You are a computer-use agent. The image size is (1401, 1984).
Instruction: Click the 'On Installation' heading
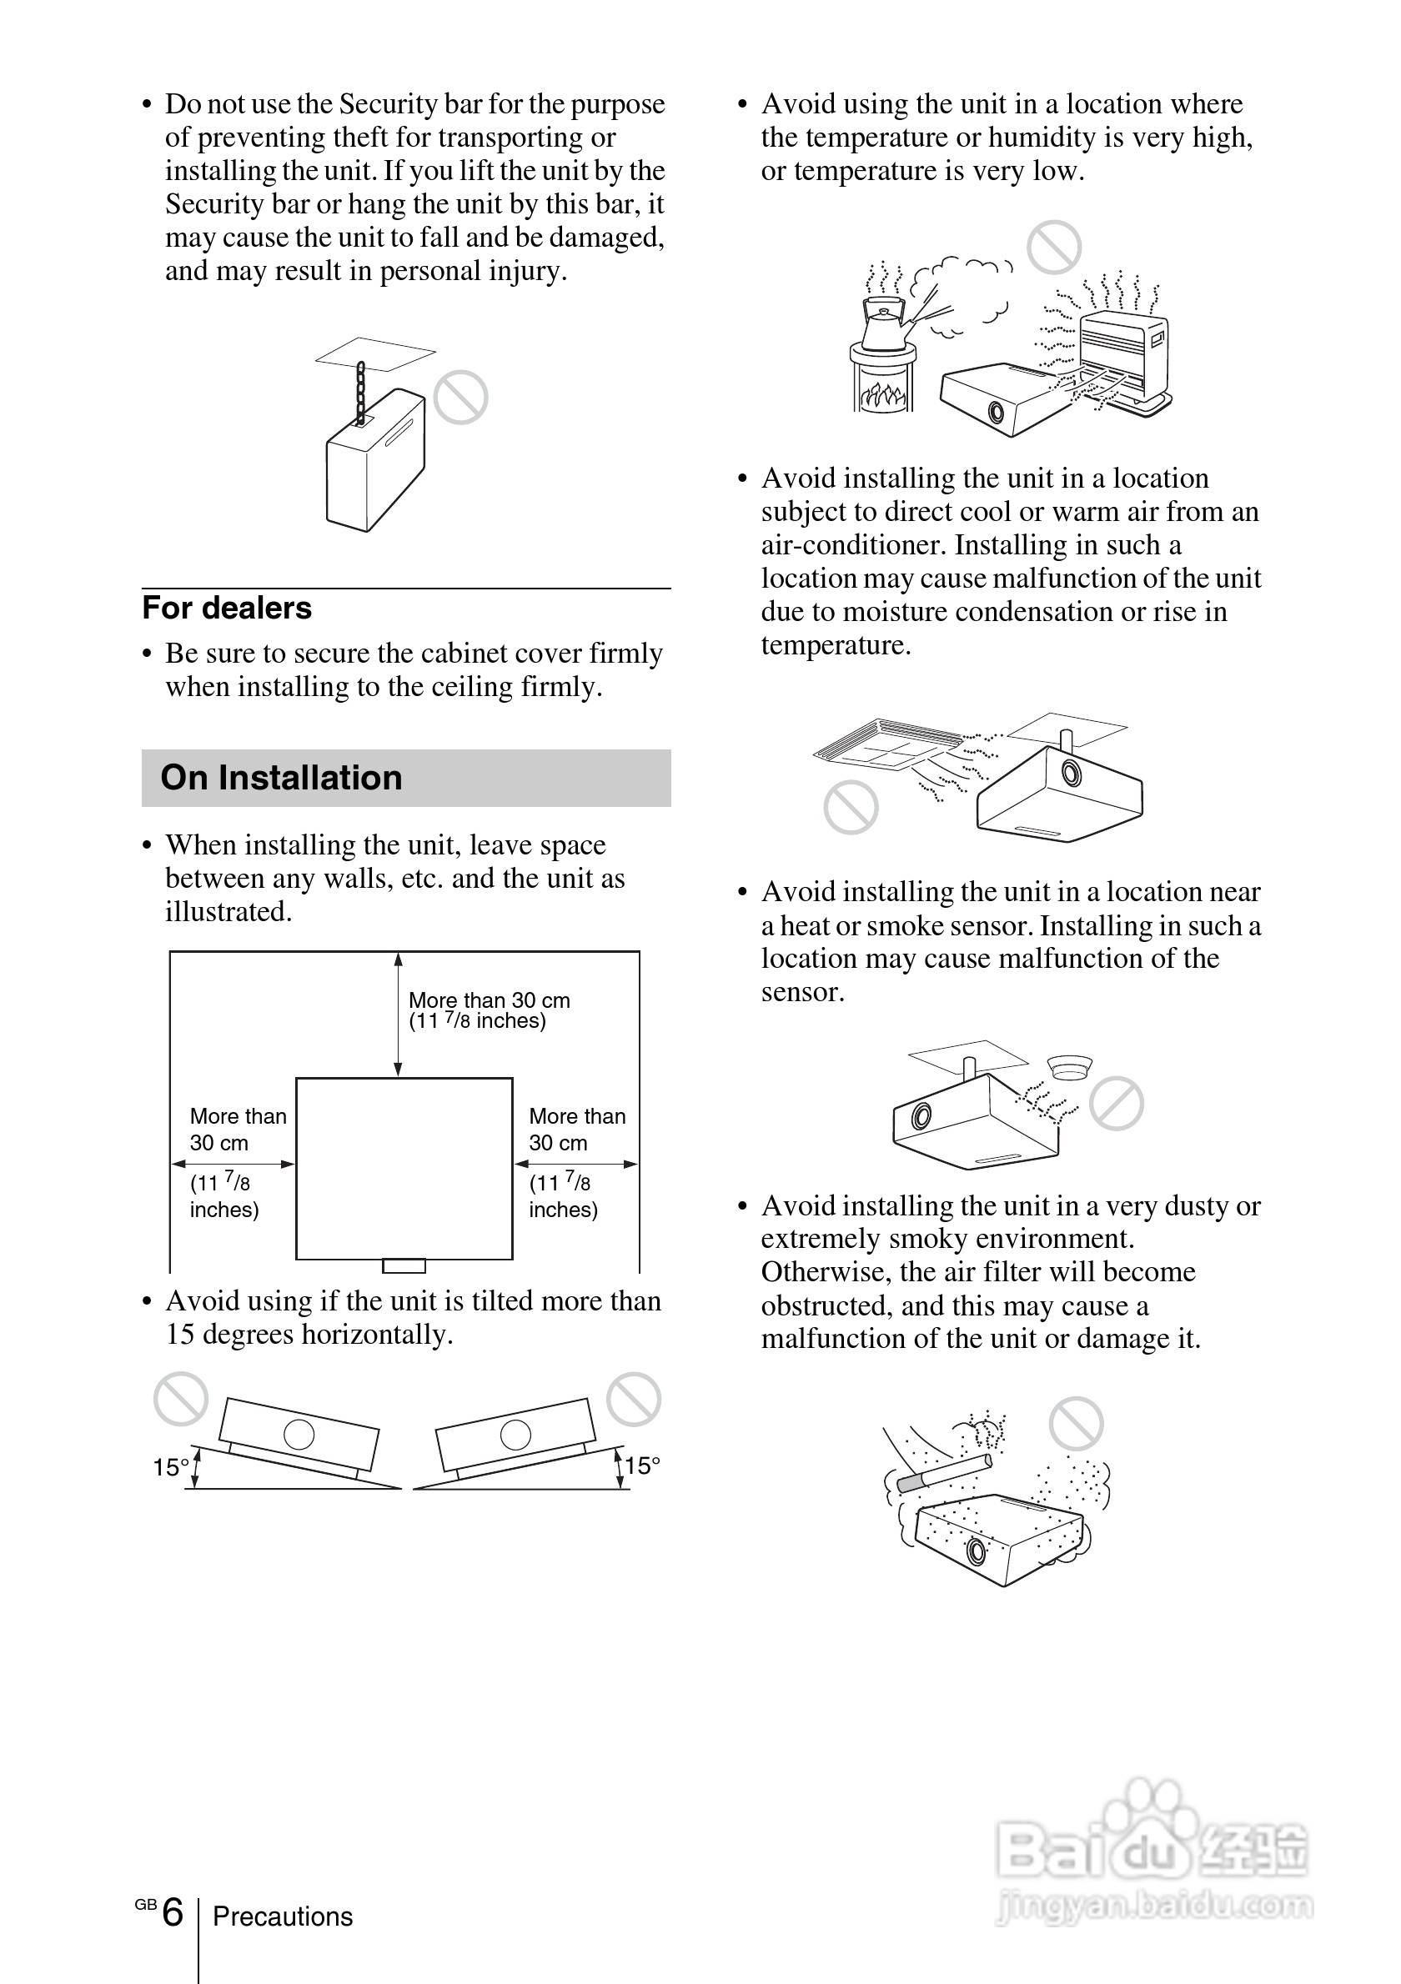pyautogui.click(x=281, y=778)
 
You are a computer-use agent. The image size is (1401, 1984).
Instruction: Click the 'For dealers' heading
pyautogui.click(x=227, y=609)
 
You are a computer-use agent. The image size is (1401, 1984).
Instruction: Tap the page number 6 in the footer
pyautogui.click(x=173, y=1911)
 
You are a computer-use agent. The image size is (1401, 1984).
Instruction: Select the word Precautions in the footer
pyautogui.click(x=283, y=1916)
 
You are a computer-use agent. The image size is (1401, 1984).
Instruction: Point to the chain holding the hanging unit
pyautogui.click(x=360, y=393)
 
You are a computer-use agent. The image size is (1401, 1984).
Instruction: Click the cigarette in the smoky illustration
pyautogui.click(x=944, y=1473)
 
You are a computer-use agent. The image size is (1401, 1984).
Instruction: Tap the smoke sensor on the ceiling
pyautogui.click(x=1069, y=1066)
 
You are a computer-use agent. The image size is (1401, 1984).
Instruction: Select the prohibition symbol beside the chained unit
pyautogui.click(x=460, y=398)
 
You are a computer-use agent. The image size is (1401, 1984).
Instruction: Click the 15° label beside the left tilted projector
pyautogui.click(x=170, y=1467)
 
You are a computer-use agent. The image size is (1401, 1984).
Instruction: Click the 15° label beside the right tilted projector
pyautogui.click(x=643, y=1465)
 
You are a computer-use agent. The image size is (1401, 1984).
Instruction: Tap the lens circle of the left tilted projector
pyautogui.click(x=299, y=1435)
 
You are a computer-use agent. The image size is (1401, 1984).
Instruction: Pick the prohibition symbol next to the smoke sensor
pyautogui.click(x=1116, y=1104)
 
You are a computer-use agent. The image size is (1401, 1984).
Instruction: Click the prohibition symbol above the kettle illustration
pyautogui.click(x=1053, y=247)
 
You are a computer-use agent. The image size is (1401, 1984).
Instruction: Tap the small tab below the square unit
pyautogui.click(x=404, y=1266)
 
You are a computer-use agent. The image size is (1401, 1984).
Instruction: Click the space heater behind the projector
pyautogui.click(x=1123, y=354)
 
